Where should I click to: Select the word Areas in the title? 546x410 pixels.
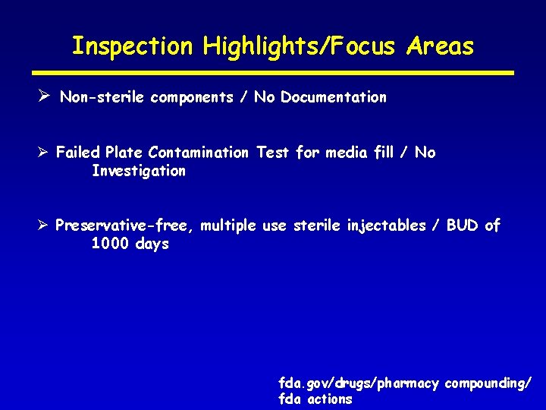pos(440,46)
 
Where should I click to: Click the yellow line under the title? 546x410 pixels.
pos(273,73)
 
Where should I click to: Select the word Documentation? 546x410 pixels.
pos(334,97)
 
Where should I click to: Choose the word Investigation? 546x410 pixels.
pos(138,171)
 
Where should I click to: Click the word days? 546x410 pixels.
pos(152,244)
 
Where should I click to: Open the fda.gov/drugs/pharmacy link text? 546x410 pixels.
pos(359,383)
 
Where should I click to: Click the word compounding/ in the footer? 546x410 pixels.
pos(488,383)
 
